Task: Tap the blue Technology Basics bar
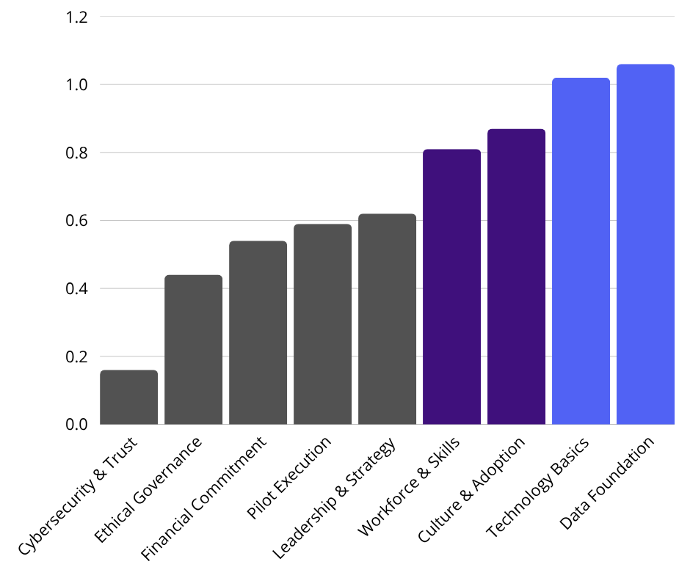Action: pos(581,251)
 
